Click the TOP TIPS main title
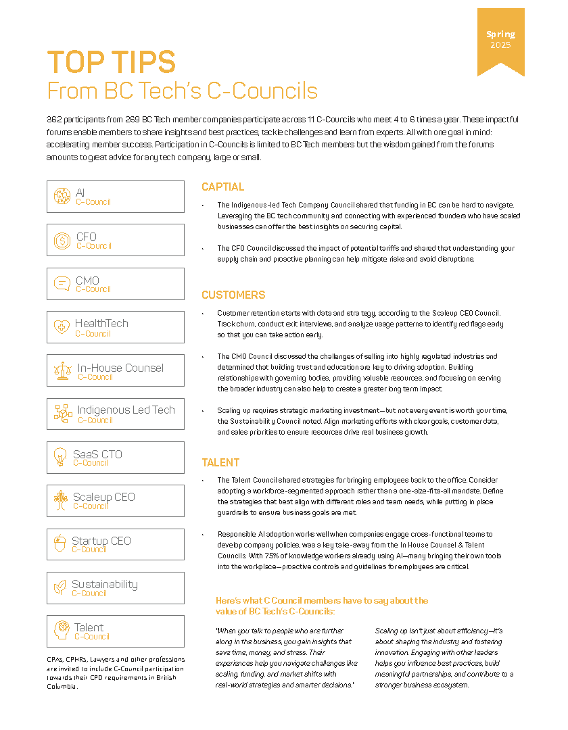pos(112,62)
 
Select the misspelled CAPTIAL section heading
pos(223,187)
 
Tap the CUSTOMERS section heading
pos(233,295)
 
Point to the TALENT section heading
pos(220,463)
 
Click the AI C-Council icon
pos(62,196)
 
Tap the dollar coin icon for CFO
pos(62,240)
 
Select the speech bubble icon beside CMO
pos(62,284)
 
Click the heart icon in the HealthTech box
pos(62,327)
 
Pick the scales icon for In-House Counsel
pos(62,370)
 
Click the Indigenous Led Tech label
pos(126,410)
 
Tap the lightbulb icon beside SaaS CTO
pos(60,458)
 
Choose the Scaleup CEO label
pos(104,497)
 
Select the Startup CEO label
pos(101,541)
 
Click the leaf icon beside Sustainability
pos(60,587)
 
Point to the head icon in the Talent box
pos(62,631)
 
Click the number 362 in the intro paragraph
pos(55,119)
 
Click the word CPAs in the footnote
pos(55,660)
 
